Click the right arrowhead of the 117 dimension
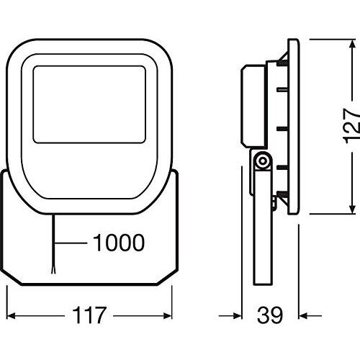click(x=174, y=315)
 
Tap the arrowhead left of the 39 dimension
click(x=234, y=315)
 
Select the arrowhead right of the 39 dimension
click(x=303, y=315)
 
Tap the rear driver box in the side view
click(x=250, y=104)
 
